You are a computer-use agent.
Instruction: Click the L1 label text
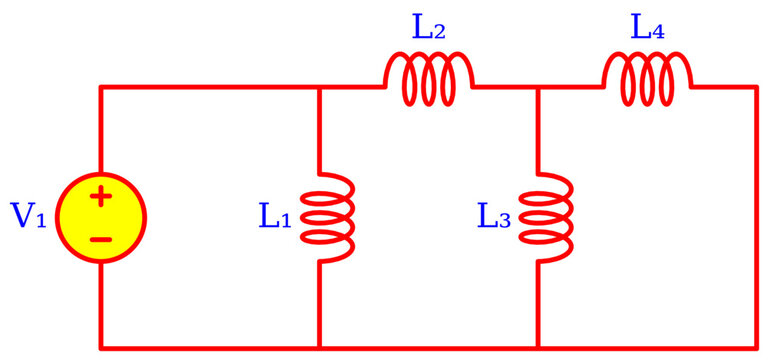[275, 216]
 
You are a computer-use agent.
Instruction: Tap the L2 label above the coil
[429, 27]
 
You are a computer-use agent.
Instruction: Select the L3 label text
[494, 216]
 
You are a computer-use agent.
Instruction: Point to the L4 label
[647, 27]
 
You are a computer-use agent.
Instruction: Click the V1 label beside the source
[28, 216]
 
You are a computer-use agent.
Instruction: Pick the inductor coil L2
[429, 80]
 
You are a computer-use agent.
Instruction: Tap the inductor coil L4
[647, 80]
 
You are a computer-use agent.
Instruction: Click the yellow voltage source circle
[101, 217]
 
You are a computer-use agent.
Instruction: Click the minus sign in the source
[101, 239]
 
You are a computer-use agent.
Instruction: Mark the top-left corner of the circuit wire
[101, 88]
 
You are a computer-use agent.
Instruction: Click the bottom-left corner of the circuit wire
[101, 347]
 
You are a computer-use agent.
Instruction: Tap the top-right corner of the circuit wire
[756, 88]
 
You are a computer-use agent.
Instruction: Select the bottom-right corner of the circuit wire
[756, 347]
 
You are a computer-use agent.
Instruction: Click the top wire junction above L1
[319, 88]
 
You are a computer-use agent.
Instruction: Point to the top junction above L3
[538, 88]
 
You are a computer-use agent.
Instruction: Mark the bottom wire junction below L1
[319, 347]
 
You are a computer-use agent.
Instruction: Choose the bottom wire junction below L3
[538, 347]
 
